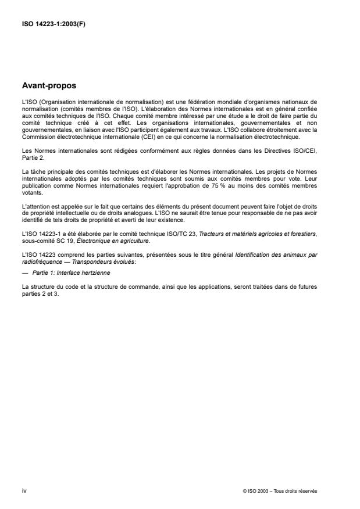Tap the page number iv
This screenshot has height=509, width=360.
pos(24,490)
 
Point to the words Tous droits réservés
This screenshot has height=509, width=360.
pos(298,491)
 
